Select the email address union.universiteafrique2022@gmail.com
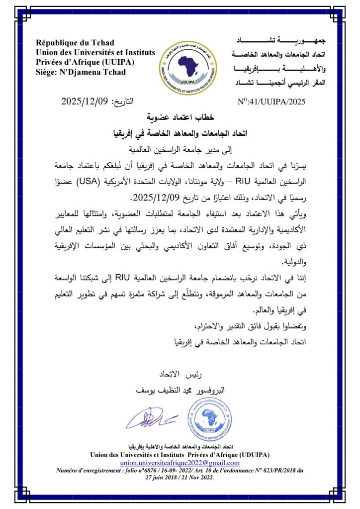[x=180, y=462]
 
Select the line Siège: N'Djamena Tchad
[x=81, y=72]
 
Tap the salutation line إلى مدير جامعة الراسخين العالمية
[x=180, y=149]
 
